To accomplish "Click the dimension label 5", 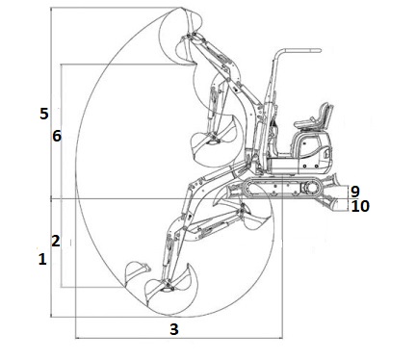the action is (x=44, y=114).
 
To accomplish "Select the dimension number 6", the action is (x=57, y=136).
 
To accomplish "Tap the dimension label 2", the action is (x=56, y=241).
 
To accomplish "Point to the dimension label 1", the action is (x=42, y=259).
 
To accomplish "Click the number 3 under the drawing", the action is (x=173, y=329).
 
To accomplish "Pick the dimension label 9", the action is (x=355, y=192).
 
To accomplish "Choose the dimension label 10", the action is (x=360, y=206).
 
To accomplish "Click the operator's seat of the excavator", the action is (x=314, y=117).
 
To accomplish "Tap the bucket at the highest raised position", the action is (x=180, y=36).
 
